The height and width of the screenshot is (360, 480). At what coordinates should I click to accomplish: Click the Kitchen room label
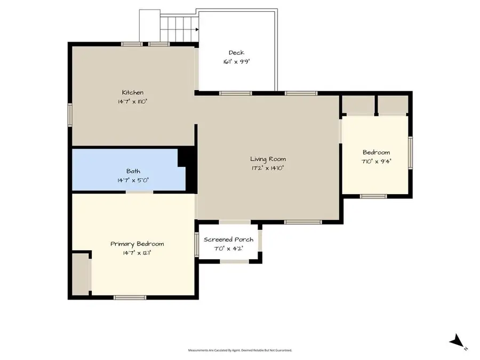pos(132,92)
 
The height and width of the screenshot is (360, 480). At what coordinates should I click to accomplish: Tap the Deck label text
pos(236,52)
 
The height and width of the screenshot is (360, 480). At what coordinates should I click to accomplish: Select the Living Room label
pos(268,159)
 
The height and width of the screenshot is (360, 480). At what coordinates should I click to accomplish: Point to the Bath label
pos(133,171)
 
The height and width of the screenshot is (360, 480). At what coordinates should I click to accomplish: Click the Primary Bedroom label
pos(137,244)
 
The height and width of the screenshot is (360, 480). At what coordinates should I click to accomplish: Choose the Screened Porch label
pos(228,239)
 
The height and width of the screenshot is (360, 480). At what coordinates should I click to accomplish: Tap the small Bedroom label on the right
pos(376,152)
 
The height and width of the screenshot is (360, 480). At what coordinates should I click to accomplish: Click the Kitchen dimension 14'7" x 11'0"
pos(132,101)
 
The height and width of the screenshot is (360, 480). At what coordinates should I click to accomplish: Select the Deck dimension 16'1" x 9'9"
pos(236,61)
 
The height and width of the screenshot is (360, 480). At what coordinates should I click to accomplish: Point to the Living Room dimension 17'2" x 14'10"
pos(268,167)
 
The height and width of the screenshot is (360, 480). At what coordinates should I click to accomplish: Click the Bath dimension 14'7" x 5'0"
pos(133,180)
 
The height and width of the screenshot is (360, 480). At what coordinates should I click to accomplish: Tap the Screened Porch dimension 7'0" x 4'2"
pos(228,248)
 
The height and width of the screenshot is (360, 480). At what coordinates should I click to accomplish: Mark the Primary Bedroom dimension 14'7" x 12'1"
pos(137,252)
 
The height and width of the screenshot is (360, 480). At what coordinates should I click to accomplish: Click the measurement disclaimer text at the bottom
pos(240,350)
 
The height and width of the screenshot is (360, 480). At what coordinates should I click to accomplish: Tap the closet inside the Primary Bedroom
pos(81,274)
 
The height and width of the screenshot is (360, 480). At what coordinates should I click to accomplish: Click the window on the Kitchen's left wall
pos(69,115)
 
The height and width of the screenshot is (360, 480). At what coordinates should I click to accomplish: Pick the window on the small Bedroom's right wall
pos(410,151)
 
